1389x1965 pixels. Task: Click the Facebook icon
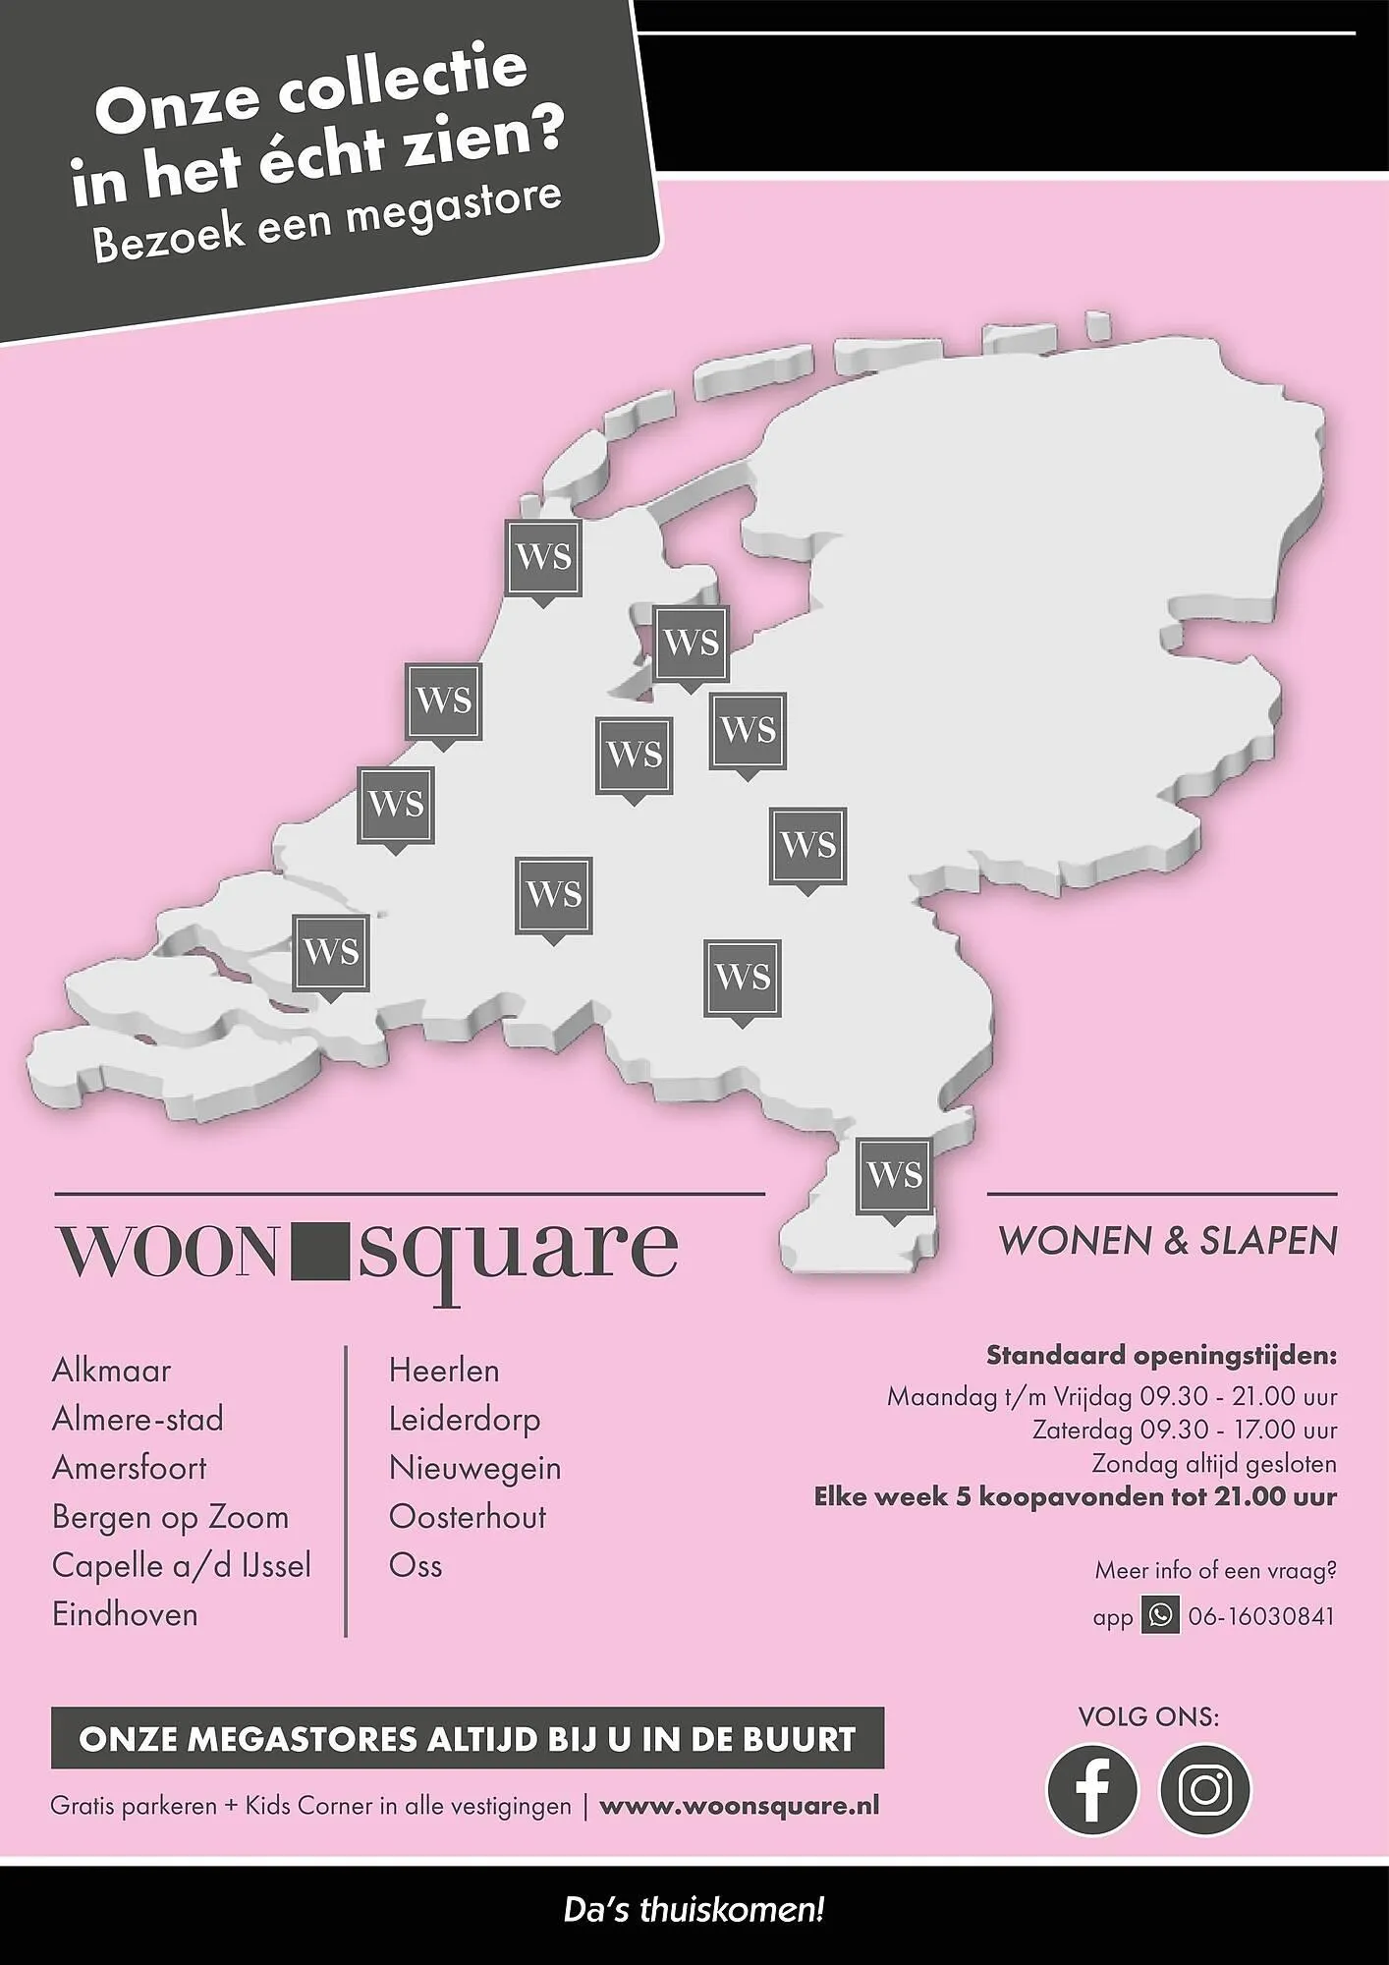[x=1091, y=1789]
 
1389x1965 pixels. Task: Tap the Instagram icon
[x=1205, y=1789]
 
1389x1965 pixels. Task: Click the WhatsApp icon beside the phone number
[x=1160, y=1616]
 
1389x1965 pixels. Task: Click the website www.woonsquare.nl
[x=739, y=1806]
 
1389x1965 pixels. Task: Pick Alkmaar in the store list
[x=111, y=1371]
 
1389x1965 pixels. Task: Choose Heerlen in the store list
[x=444, y=1371]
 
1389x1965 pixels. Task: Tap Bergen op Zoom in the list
[x=170, y=1517]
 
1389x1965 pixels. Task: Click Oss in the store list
[x=416, y=1565]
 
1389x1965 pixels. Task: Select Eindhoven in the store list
[x=125, y=1614]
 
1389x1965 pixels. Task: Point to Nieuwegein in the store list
[x=474, y=1468]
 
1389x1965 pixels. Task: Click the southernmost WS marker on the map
[x=894, y=1176]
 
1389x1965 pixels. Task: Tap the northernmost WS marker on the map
[x=543, y=557]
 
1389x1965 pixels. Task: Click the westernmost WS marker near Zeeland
[x=331, y=952]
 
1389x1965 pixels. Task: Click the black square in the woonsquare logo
[x=319, y=1250]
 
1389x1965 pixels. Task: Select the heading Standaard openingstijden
[x=1161, y=1356]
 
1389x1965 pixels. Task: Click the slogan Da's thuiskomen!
[x=694, y=1911]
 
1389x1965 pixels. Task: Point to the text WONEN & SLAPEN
[x=1167, y=1241]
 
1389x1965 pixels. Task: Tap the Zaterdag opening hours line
[x=1184, y=1431]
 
